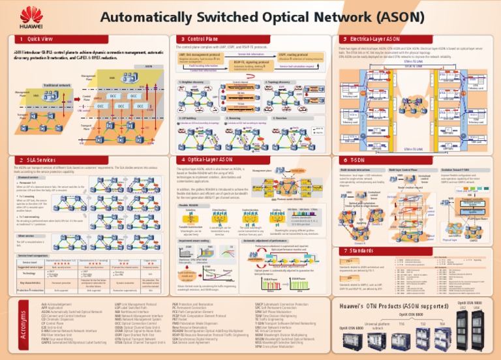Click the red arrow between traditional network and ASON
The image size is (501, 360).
click(x=76, y=100)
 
